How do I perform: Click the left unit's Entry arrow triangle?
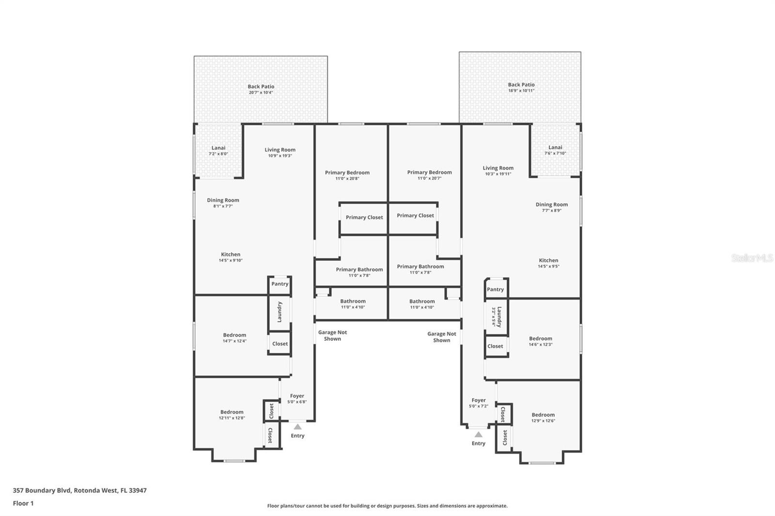point(297,427)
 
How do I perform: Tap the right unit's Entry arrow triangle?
point(479,435)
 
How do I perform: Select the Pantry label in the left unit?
point(279,284)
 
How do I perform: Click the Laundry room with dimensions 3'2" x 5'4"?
point(496,317)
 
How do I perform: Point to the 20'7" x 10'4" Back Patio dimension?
point(261,92)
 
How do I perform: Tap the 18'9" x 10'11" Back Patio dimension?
point(521,91)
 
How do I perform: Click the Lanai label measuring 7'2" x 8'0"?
point(218,148)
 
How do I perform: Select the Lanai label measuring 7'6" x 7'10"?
point(555,148)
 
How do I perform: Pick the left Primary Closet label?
point(364,217)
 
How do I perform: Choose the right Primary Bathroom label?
point(420,267)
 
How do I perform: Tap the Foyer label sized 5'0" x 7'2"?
point(479,400)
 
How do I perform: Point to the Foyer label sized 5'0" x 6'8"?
point(297,396)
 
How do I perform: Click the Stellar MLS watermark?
point(752,258)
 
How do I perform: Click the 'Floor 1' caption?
point(23,503)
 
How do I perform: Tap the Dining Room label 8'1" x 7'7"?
point(223,200)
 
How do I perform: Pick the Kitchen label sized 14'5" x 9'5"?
point(548,260)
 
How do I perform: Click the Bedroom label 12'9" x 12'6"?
point(543,415)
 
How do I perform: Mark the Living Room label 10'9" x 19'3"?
point(280,150)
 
